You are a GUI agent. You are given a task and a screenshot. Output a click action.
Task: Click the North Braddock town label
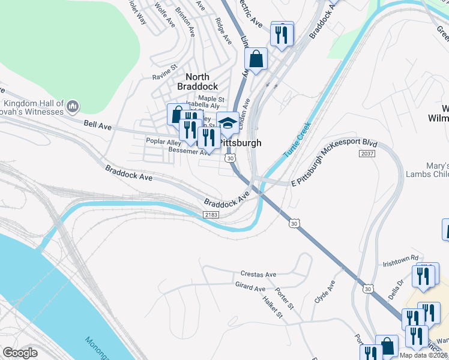(197, 81)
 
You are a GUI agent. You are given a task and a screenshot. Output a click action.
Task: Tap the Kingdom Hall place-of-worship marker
(73, 107)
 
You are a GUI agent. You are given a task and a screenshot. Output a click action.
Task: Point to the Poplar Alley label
(164, 142)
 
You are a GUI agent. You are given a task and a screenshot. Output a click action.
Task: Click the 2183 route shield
(211, 214)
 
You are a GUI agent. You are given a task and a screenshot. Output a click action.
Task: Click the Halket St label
(272, 307)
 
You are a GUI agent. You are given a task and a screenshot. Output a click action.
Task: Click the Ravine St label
(165, 76)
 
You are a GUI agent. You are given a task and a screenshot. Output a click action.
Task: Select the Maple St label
(211, 99)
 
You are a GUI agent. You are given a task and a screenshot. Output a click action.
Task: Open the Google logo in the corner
(20, 353)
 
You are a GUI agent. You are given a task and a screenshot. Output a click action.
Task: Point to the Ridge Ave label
(223, 31)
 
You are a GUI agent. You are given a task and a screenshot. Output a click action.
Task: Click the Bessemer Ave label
(187, 151)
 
